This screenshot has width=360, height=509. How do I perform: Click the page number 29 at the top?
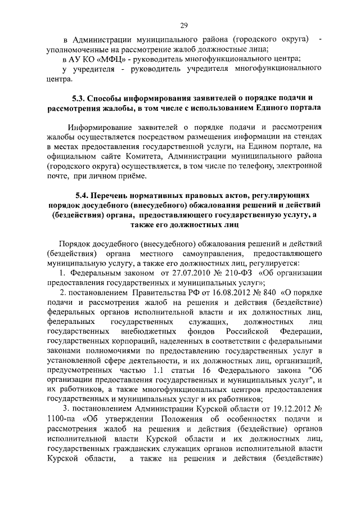click(183, 24)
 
